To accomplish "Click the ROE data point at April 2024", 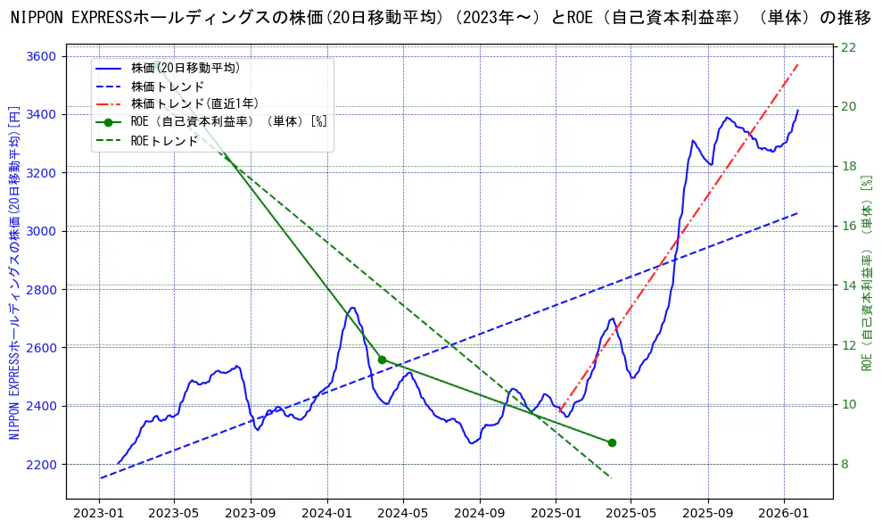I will tap(382, 360).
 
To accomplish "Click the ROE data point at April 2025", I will tap(612, 442).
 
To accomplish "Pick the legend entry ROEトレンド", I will tap(164, 140).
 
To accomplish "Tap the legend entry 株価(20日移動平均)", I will tap(185, 68).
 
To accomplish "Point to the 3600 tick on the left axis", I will tap(41, 56).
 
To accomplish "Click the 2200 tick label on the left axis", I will tap(41, 465).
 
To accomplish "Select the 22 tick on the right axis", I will tap(849, 46).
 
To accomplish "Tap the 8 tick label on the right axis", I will tap(845, 465).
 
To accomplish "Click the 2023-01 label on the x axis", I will tap(98, 514).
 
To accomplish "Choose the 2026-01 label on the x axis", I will tap(784, 514).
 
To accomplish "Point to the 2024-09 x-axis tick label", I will tap(480, 514).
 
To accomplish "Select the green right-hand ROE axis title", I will tap(866, 272).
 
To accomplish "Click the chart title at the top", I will tap(441, 18).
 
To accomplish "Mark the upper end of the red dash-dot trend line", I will tap(797, 64).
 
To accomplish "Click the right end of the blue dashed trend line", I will tap(797, 213).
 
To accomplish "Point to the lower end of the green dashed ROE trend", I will tap(612, 478).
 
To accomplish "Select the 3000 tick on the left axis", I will tap(41, 231).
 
